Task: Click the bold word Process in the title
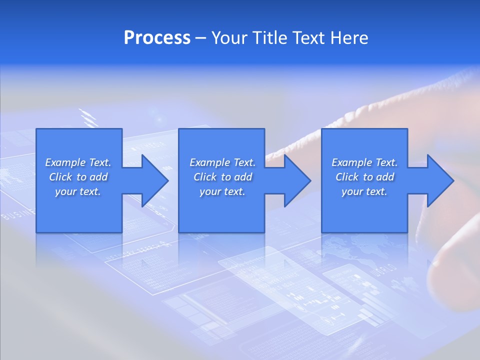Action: click(x=157, y=38)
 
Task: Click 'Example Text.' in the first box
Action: click(x=78, y=162)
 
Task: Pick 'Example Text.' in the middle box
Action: click(x=222, y=162)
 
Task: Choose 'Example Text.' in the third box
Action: click(x=364, y=162)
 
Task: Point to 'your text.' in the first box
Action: click(x=78, y=191)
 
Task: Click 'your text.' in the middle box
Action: click(x=222, y=191)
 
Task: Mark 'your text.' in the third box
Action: click(x=364, y=191)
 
